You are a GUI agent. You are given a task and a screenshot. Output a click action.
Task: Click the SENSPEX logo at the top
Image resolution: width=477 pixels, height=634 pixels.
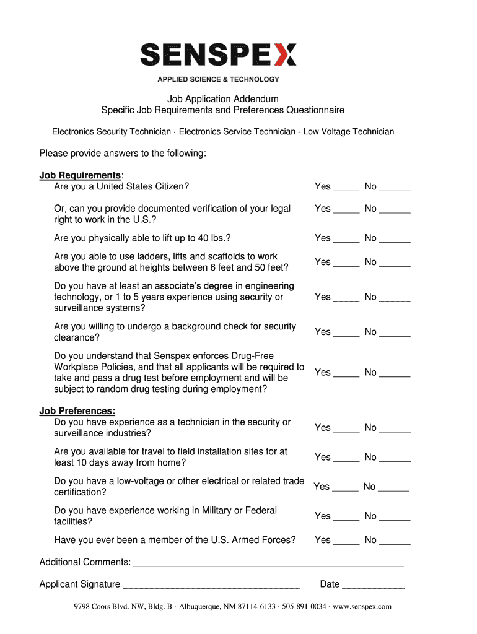pyautogui.click(x=218, y=54)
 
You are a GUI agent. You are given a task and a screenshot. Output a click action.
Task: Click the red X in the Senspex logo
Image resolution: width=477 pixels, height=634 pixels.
pyautogui.click(x=284, y=54)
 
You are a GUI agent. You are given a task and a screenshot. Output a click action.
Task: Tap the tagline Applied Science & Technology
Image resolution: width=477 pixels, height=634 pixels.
pyautogui.click(x=218, y=79)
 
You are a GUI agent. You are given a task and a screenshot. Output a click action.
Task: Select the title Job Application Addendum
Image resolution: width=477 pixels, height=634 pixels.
pyautogui.click(x=223, y=99)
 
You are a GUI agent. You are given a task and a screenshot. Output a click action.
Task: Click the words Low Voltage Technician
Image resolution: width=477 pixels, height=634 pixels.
pyautogui.click(x=348, y=132)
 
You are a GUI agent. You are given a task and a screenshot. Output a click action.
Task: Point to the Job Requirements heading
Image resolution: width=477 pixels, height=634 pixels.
pyautogui.click(x=80, y=176)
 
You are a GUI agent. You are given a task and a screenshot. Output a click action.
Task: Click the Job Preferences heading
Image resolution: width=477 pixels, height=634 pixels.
pyautogui.click(x=77, y=411)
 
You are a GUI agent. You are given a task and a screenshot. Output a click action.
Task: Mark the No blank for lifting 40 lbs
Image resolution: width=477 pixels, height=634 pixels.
pyautogui.click(x=395, y=240)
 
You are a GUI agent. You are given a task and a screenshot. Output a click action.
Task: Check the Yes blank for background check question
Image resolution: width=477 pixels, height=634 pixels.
pyautogui.click(x=346, y=334)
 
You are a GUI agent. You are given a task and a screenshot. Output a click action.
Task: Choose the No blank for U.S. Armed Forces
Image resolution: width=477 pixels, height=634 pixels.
pyautogui.click(x=395, y=542)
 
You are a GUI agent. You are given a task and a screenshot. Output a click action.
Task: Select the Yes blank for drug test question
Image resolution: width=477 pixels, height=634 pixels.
pyautogui.click(x=346, y=375)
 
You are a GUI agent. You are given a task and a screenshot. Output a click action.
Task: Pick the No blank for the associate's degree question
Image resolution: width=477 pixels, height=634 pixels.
pyautogui.click(x=395, y=299)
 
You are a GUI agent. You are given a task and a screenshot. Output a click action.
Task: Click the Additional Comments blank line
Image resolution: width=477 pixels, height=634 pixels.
pyautogui.click(x=268, y=564)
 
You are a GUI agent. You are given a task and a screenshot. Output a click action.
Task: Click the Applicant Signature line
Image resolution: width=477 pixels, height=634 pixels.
pyautogui.click(x=211, y=586)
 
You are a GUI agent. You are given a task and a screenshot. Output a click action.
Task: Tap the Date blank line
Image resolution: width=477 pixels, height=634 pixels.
pyautogui.click(x=374, y=586)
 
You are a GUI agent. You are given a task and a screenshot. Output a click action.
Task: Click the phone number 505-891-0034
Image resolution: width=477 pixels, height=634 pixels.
pyautogui.click(x=304, y=607)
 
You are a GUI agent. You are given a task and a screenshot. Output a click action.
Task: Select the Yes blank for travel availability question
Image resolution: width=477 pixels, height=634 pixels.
pyautogui.click(x=346, y=459)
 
